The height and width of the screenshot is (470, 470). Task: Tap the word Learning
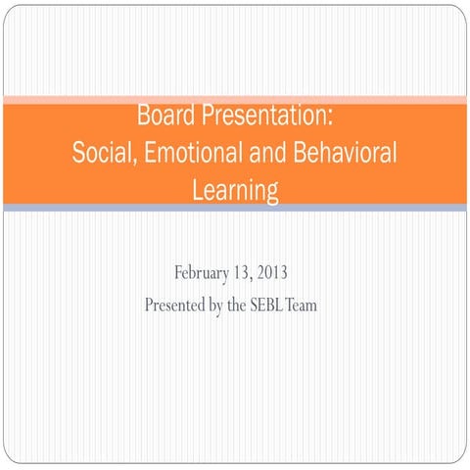click(x=235, y=190)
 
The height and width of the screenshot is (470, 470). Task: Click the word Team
click(x=316, y=305)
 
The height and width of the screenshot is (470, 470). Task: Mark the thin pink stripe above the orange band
click(x=235, y=100)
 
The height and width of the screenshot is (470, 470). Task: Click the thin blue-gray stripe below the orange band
click(x=235, y=208)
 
